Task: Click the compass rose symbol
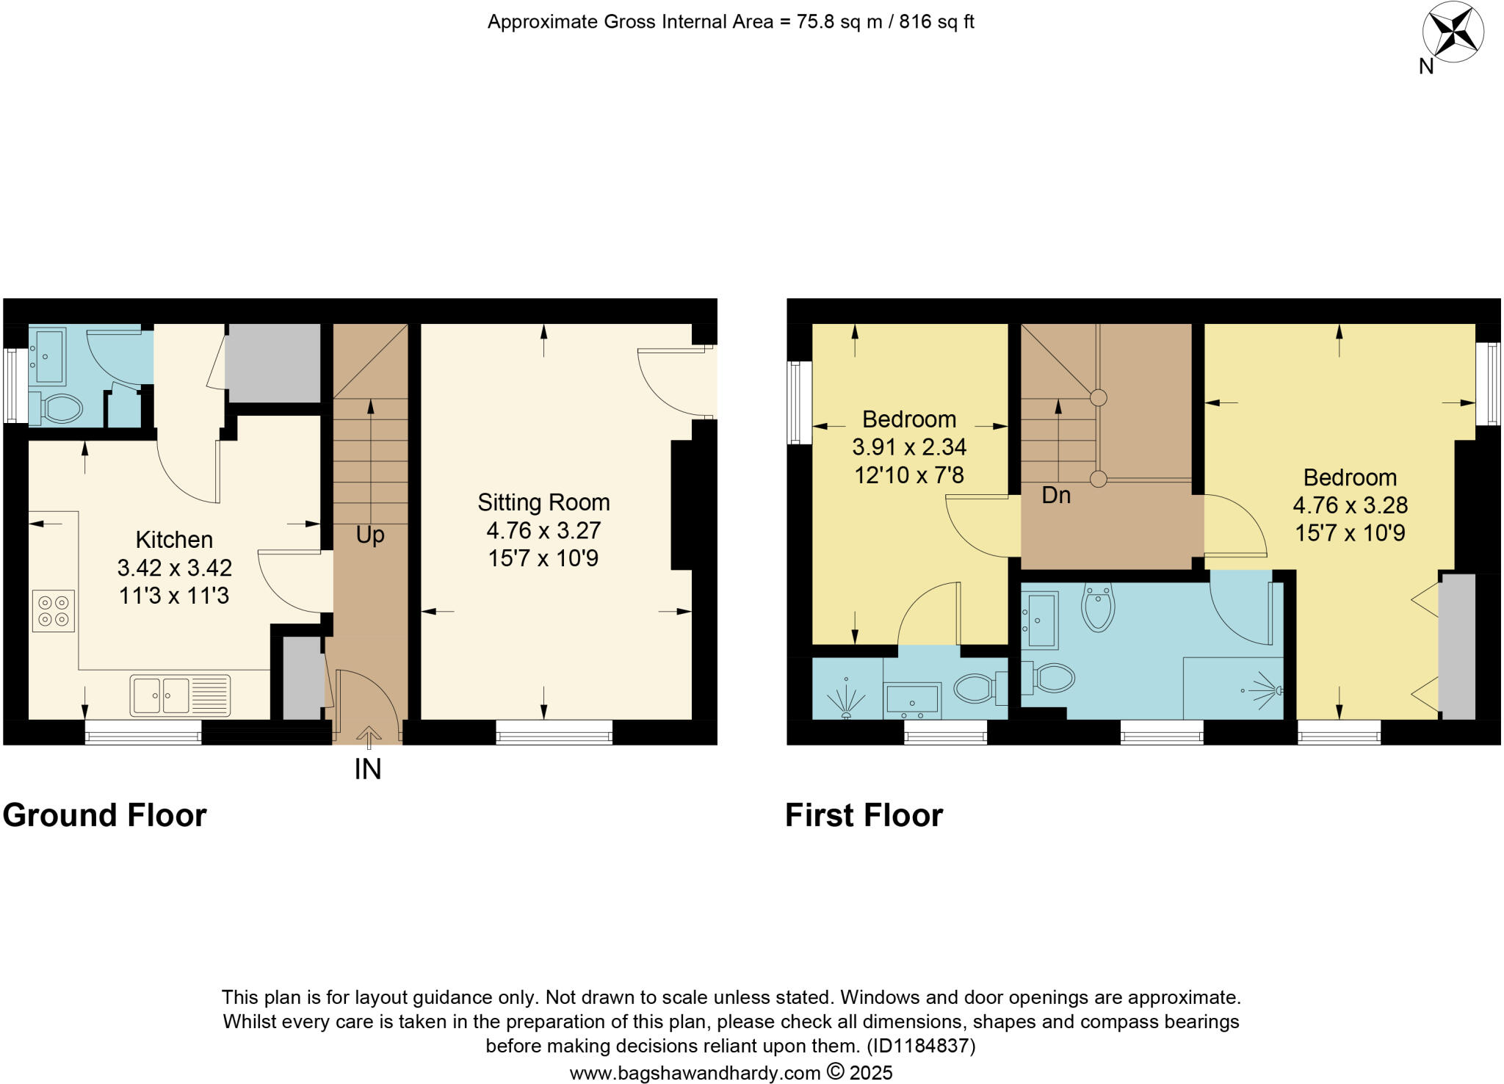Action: [1453, 33]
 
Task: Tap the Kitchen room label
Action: [174, 540]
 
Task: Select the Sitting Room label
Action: [543, 502]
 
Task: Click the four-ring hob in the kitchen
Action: [54, 610]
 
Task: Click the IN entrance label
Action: [368, 769]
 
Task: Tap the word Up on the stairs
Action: [370, 535]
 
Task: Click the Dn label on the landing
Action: [1056, 495]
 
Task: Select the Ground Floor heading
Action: [104, 815]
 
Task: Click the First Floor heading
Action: [864, 815]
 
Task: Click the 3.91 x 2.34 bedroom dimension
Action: [909, 447]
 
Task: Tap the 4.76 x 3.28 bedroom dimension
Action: [1350, 505]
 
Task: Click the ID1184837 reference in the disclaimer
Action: [921, 1045]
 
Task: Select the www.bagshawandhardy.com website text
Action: [695, 1073]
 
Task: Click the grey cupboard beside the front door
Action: [302, 679]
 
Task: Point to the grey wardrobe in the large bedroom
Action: [1457, 646]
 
